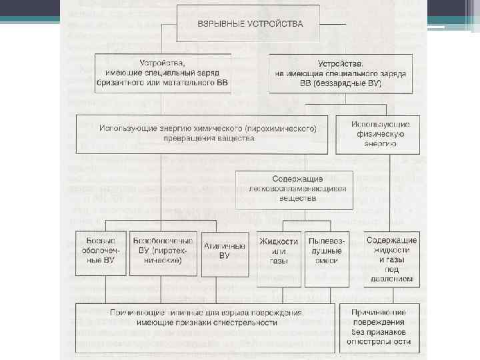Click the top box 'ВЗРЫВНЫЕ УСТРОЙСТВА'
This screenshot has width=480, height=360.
click(x=249, y=24)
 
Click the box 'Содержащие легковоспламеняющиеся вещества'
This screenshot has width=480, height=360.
click(x=294, y=189)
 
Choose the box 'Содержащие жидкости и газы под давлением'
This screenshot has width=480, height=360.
click(x=391, y=259)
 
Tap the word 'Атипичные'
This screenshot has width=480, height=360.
click(x=224, y=245)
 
